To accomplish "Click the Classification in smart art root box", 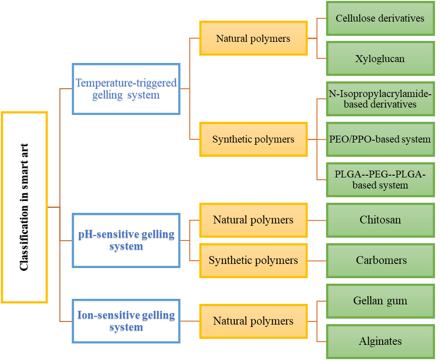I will click(24, 207).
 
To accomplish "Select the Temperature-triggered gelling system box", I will click(126, 89).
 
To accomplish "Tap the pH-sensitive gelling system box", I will click(126, 240).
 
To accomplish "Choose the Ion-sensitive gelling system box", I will click(126, 321).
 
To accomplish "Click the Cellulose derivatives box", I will click(380, 19).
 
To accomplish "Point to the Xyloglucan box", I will click(380, 59).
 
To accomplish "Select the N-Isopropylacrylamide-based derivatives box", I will click(380, 99).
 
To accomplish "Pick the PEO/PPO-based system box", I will click(380, 139).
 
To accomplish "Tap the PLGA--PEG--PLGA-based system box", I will click(380, 179).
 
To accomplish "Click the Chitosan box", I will click(380, 220).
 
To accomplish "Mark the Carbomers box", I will click(380, 260).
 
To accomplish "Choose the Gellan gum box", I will click(380, 301).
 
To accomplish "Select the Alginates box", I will click(380, 341).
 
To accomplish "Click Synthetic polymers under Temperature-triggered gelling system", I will click(254, 139).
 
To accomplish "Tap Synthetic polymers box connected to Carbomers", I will click(254, 260).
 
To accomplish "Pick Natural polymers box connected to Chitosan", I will click(254, 220).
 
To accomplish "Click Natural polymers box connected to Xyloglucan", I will click(254, 38).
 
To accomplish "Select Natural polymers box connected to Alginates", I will click(254, 321).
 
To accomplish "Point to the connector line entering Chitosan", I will click(317, 220).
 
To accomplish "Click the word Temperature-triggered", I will click(126, 83).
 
